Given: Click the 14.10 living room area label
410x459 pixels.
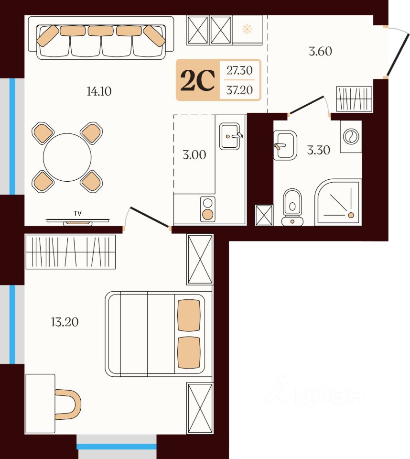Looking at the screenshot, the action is click(99, 91).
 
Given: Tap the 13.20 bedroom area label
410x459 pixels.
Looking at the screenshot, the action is click(65, 322).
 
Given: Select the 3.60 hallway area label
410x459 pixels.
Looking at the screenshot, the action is click(320, 51).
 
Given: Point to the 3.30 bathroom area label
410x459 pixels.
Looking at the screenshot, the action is click(318, 150).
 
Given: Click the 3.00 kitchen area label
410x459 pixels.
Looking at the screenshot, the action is click(194, 154).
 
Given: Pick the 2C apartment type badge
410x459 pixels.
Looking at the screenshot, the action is click(197, 80).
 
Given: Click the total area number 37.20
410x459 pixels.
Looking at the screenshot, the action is click(239, 90).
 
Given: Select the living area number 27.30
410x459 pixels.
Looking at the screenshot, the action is click(239, 70).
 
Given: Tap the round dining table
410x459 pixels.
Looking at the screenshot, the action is click(67, 157).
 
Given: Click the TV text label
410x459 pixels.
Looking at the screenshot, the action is click(77, 213).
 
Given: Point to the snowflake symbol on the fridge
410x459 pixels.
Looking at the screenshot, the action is click(247, 29).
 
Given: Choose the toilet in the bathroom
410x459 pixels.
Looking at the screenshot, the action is click(292, 207).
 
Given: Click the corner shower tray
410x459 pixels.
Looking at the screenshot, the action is click(337, 203).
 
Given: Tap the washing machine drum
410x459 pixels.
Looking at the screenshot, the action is click(351, 136).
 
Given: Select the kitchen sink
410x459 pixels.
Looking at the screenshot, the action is click(230, 136).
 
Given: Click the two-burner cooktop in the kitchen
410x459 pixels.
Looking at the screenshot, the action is click(208, 209).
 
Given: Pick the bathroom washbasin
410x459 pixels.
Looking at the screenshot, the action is click(285, 145).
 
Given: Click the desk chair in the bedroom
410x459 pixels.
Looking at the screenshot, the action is click(68, 404).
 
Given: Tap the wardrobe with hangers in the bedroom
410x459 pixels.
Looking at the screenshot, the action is click(71, 252).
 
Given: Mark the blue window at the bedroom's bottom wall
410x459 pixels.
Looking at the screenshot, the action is click(117, 447).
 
